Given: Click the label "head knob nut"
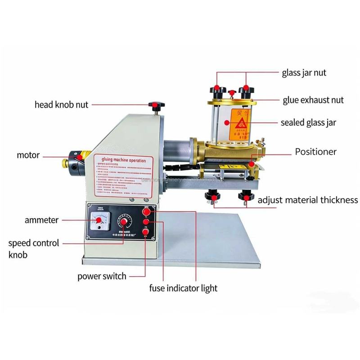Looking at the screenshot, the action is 62,105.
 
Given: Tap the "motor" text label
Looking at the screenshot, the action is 28,155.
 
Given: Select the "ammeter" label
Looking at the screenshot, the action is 42,220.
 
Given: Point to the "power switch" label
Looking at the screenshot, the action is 102,276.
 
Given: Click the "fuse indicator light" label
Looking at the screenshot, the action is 183,288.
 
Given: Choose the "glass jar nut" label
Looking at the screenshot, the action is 304,72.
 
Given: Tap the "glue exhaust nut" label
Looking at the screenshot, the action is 313,100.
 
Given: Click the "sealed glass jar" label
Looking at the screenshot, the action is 308,122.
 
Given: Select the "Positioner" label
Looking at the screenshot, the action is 315,152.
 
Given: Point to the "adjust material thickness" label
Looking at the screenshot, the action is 308,200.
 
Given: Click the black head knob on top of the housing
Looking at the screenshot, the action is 156,106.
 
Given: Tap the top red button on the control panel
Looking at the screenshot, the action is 147,212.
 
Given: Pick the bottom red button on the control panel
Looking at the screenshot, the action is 146,232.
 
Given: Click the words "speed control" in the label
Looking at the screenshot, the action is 34,243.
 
